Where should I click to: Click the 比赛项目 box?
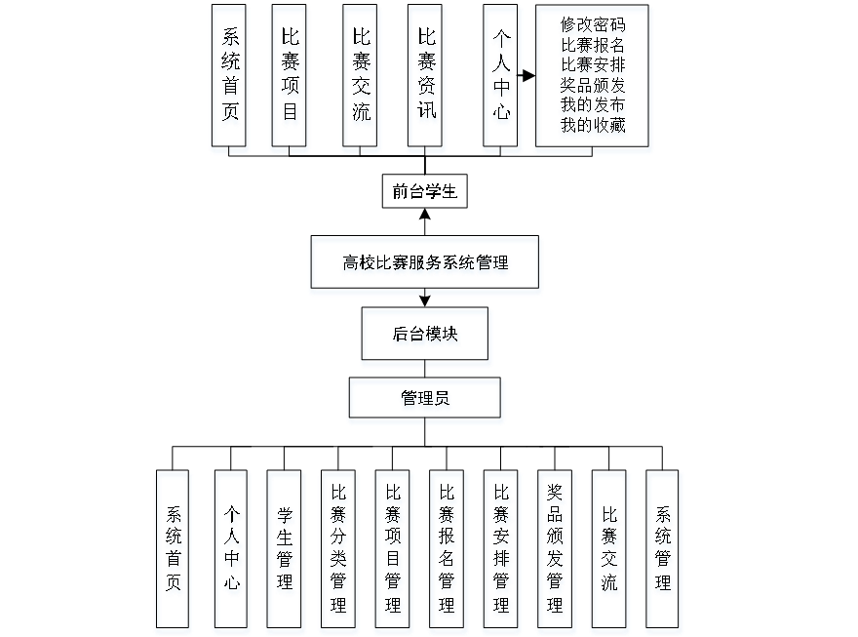pyautogui.click(x=290, y=79)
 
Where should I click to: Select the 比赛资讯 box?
pyautogui.click(x=426, y=79)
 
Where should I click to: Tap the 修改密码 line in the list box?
pyautogui.click(x=593, y=26)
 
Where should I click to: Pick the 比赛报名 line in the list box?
pyautogui.click(x=593, y=46)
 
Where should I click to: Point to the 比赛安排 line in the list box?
pyautogui.click(x=593, y=65)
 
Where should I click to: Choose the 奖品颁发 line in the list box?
pyautogui.click(x=593, y=86)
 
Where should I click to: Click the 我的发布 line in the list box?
pyautogui.click(x=593, y=105)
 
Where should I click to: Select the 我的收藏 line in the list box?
pyautogui.click(x=593, y=126)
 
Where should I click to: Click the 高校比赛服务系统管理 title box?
pyautogui.click(x=425, y=264)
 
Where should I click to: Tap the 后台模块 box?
pyautogui.click(x=426, y=337)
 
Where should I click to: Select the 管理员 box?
pyautogui.click(x=426, y=401)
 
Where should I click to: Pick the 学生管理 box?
pyautogui.click(x=285, y=552)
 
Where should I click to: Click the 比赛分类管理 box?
pyautogui.click(x=338, y=552)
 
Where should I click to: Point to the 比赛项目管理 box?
pyautogui.click(x=393, y=552)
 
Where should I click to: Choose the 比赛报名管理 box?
pyautogui.click(x=448, y=552)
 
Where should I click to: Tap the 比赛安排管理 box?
pyautogui.click(x=501, y=552)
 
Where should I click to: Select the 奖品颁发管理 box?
pyautogui.click(x=556, y=552)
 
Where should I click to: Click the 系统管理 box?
pyautogui.click(x=664, y=552)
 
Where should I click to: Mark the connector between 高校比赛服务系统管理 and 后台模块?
pyautogui.click(x=425, y=301)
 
